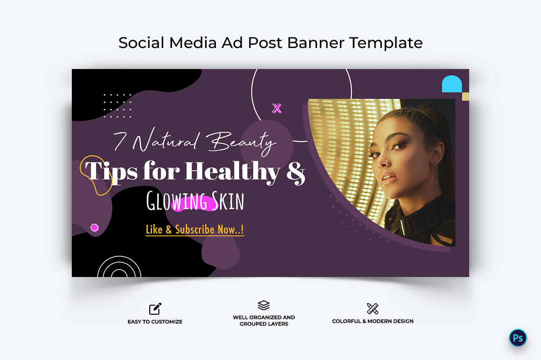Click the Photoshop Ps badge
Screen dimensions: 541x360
click(x=518, y=338)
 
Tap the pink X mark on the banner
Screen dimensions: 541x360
click(x=277, y=108)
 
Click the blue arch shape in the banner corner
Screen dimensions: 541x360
click(x=451, y=84)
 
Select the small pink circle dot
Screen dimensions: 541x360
click(x=95, y=228)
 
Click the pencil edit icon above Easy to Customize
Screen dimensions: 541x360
click(x=155, y=309)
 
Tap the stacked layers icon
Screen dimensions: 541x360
click(x=264, y=305)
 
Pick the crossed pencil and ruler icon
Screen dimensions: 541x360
click(x=373, y=308)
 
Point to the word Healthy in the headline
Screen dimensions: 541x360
click(x=233, y=172)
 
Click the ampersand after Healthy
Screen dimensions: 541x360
click(x=296, y=172)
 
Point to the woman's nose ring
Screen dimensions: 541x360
click(x=387, y=163)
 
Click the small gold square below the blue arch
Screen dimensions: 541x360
click(x=465, y=97)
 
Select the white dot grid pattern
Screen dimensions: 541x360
click(x=118, y=105)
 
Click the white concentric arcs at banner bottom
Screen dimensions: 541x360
click(x=119, y=267)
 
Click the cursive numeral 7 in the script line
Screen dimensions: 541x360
click(x=120, y=141)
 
